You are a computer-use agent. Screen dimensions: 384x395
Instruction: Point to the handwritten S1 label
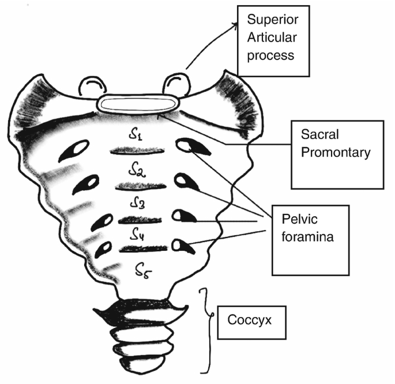coord(136,136)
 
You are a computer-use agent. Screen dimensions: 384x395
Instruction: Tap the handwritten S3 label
coord(138,203)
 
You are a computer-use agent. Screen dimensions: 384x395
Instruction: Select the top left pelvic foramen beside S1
coord(78,153)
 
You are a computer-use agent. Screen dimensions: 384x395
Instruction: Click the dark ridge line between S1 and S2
coord(137,152)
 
